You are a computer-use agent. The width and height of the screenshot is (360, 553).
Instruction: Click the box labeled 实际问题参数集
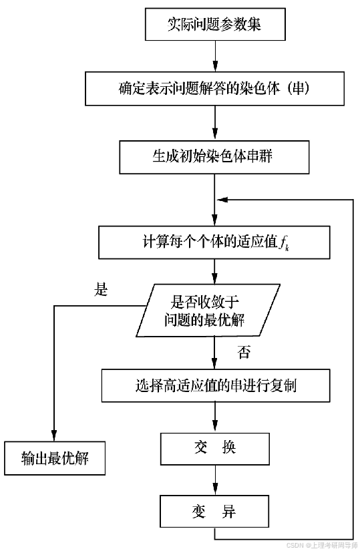(x=215, y=24)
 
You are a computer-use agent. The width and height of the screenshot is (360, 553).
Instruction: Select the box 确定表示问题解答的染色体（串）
(x=214, y=89)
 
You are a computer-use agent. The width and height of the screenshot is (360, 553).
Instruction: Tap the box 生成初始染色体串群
(x=214, y=157)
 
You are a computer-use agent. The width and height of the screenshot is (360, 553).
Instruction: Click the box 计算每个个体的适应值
(x=214, y=242)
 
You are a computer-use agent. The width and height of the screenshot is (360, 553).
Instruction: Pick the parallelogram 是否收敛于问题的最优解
(x=208, y=310)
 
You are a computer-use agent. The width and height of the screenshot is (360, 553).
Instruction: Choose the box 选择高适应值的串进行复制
(x=216, y=385)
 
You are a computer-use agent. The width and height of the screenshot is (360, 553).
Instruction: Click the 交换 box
(x=215, y=449)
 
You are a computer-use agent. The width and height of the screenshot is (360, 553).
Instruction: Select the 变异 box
(x=214, y=512)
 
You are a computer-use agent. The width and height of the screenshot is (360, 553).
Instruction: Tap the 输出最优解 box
(x=55, y=458)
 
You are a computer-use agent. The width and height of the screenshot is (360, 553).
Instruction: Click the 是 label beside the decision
(x=100, y=289)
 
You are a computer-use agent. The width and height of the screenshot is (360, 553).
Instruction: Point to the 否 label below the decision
(x=244, y=352)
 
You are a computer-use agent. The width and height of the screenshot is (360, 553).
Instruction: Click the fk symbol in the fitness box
(x=284, y=244)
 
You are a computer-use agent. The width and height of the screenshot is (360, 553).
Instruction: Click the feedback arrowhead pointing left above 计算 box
(x=223, y=200)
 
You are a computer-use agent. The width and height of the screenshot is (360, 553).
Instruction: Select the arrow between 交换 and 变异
(x=215, y=480)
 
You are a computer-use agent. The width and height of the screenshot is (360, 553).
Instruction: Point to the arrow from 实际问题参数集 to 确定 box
(x=215, y=56)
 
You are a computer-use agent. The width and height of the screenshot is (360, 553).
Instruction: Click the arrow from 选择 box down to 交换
(x=215, y=417)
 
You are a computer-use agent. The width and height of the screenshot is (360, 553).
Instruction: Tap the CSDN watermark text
(x=322, y=546)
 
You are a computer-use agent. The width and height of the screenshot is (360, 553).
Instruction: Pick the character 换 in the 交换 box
(x=229, y=448)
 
